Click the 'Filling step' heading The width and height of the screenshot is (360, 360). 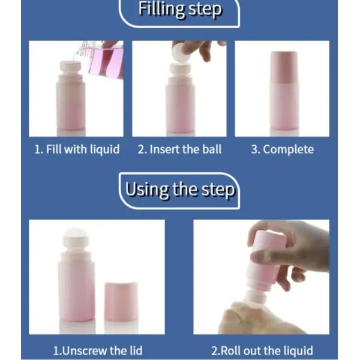[180, 10]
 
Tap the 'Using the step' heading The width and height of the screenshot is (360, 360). [180, 190]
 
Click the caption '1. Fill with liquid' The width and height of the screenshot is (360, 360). [77, 149]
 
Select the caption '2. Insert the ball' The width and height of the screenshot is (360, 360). [179, 149]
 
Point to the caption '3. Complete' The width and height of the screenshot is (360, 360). [283, 149]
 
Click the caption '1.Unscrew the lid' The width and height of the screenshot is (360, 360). [98, 350]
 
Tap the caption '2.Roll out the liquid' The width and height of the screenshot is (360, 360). [262, 350]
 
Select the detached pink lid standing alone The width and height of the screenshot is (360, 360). [121, 302]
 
